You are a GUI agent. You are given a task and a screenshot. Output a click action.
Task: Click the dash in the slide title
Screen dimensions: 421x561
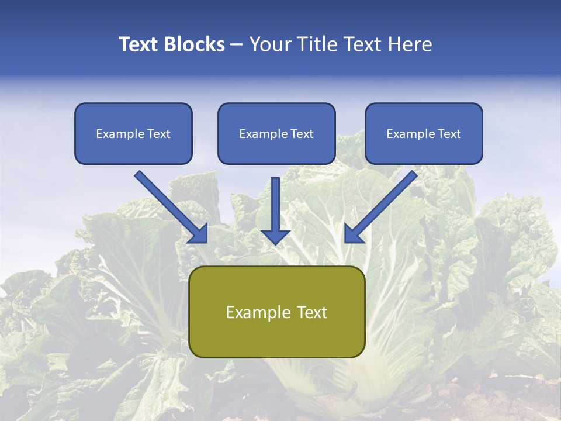237,45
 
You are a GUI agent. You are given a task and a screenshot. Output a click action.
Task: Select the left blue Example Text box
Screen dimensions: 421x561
133,133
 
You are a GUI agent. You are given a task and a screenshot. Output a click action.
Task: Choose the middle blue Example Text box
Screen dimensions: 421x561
276,133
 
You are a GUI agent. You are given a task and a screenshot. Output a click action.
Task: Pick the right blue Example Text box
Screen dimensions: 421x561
424,133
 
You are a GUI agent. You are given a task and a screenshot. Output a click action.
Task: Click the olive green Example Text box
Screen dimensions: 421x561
276,312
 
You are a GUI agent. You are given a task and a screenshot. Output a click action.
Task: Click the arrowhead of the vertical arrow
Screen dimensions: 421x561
275,236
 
